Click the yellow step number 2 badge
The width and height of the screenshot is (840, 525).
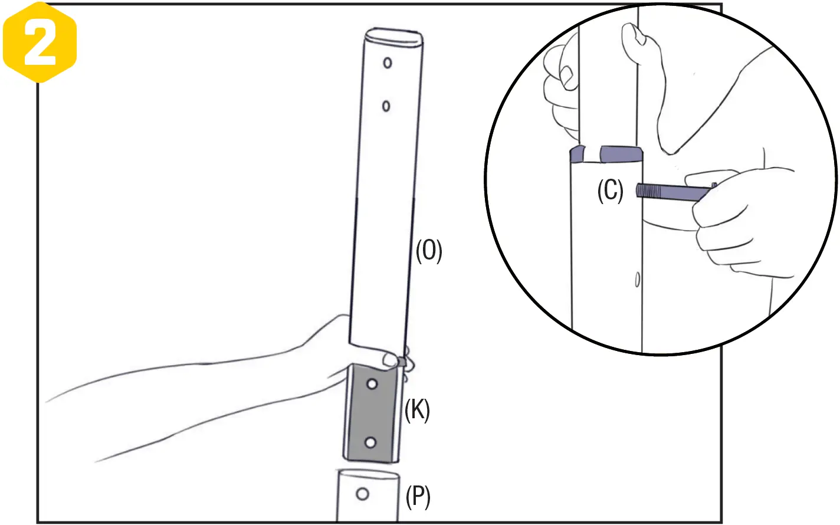pos(40,42)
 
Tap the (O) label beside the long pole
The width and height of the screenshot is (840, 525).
pos(429,251)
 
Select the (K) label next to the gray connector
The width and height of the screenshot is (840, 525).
pos(417,409)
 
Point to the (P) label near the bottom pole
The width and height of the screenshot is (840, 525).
pos(418,497)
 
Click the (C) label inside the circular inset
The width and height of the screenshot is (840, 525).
pos(610,191)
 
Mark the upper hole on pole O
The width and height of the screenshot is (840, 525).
pos(388,63)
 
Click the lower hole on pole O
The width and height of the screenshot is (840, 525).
pos(386,106)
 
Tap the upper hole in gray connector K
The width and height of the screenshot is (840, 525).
pos(372,385)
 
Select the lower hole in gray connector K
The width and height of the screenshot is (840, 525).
pos(370,442)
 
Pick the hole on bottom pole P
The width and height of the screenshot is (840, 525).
pos(363,494)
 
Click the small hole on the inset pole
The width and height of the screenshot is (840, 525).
pos(637,280)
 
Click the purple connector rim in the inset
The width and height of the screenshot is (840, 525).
pos(619,154)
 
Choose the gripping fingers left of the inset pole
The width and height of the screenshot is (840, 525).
pos(560,88)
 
